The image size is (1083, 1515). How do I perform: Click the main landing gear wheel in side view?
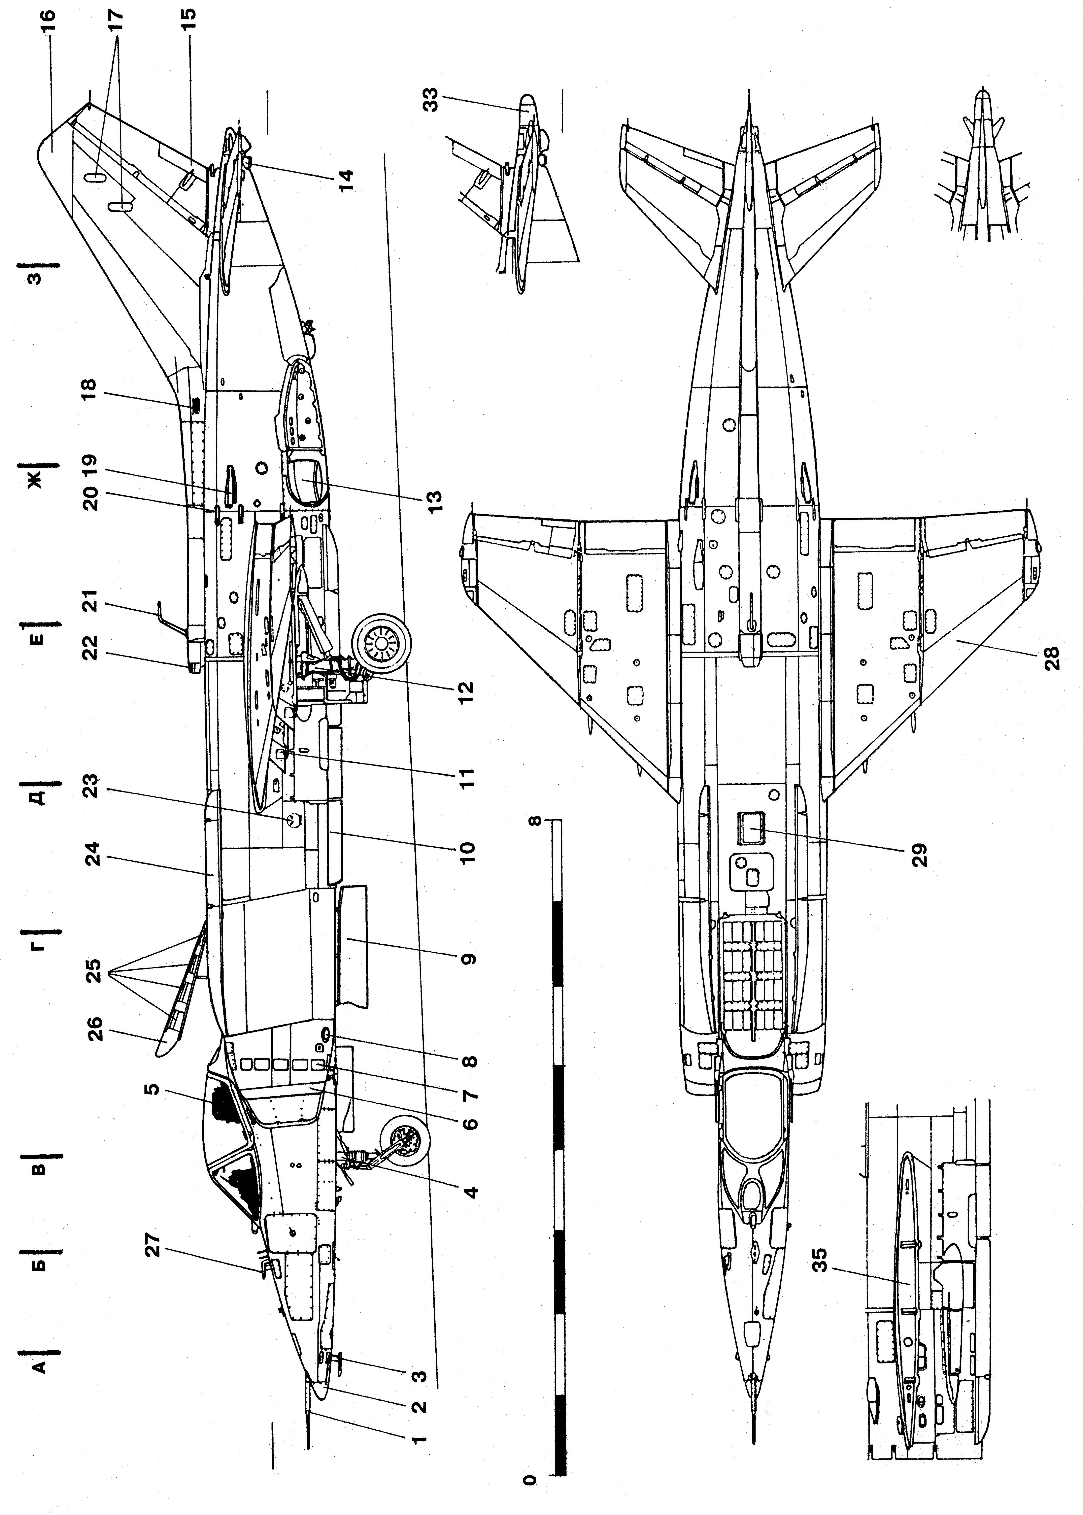point(382,642)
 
